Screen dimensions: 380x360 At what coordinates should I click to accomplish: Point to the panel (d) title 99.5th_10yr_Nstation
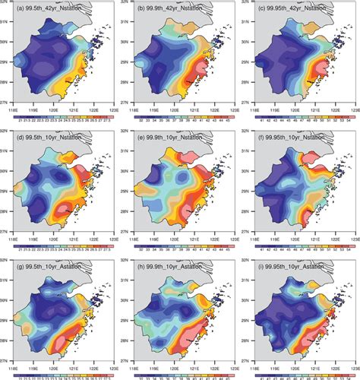pos(52,140)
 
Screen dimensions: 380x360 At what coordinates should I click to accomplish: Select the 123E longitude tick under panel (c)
pos(352,109)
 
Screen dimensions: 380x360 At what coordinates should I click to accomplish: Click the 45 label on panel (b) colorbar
pos(223,120)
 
